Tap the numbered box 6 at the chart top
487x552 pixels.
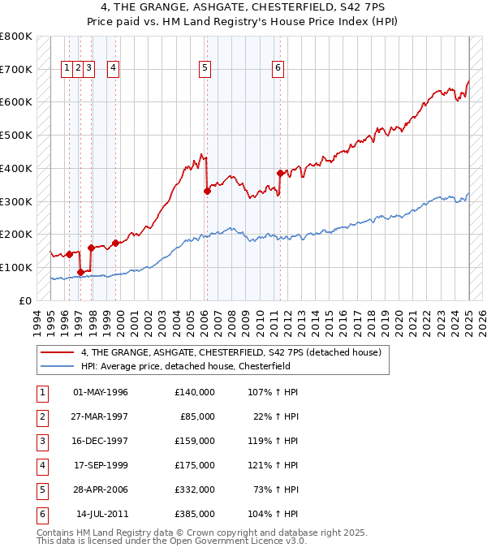[278, 68]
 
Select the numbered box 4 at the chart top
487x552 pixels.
[113, 68]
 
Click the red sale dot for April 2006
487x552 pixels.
[207, 191]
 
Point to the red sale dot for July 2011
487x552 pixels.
[280, 173]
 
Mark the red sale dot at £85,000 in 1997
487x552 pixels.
[80, 272]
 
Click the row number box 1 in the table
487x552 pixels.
[41, 393]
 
